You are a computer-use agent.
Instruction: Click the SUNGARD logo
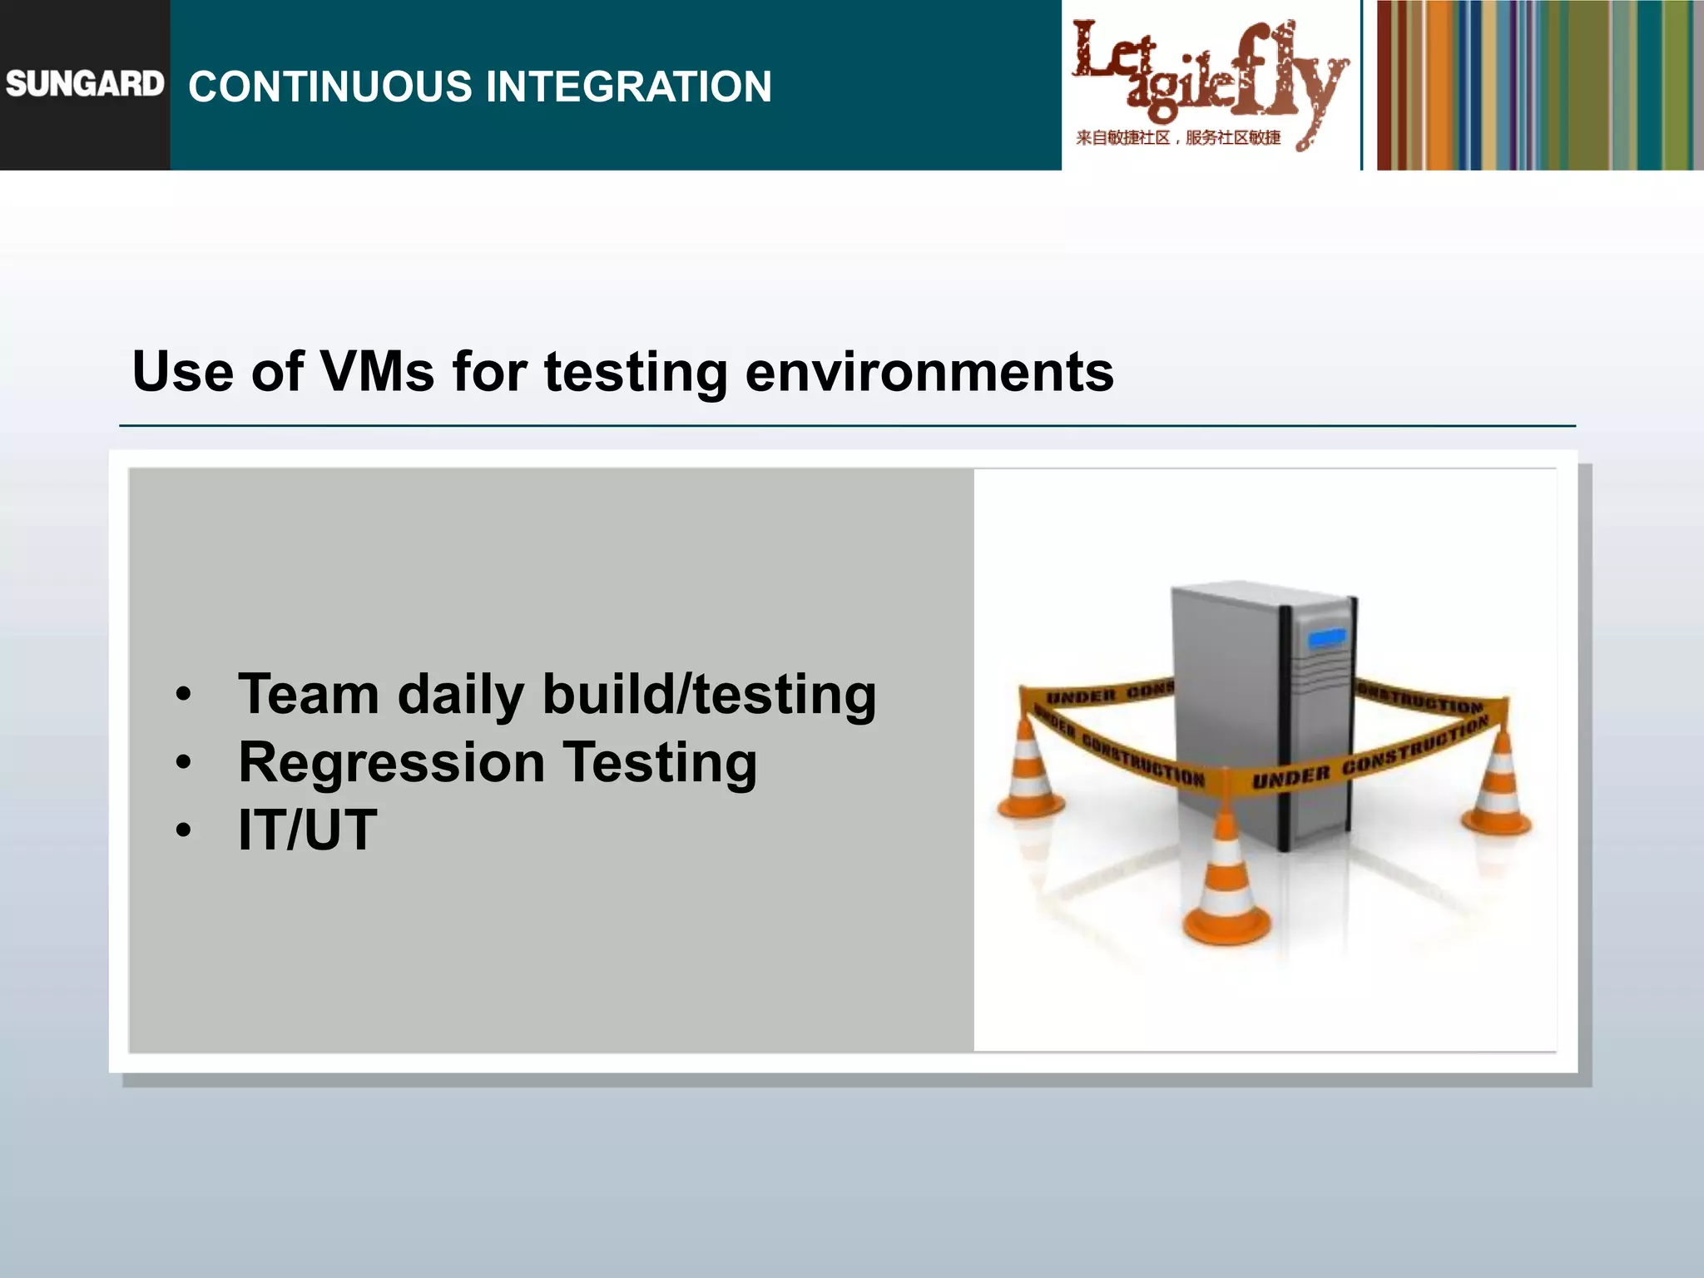tap(84, 84)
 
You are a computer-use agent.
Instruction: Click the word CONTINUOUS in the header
tap(329, 87)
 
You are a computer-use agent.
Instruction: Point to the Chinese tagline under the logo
tap(1177, 138)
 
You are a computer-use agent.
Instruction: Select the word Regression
tap(391, 762)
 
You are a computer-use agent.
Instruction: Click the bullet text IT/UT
tap(307, 830)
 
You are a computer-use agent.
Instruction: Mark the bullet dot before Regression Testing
tap(184, 762)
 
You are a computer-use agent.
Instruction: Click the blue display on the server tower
tap(1326, 638)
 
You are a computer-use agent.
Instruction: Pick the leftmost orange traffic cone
tap(1029, 770)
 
